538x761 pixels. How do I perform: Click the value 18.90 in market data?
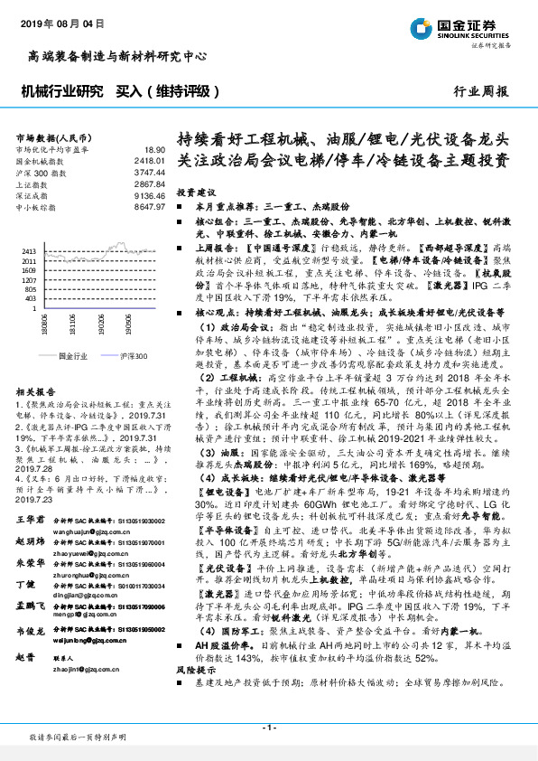pos(154,149)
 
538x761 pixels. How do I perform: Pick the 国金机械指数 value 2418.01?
pos(151,160)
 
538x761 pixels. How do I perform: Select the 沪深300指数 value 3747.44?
pos(151,172)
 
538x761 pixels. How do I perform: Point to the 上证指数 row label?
pos(32,183)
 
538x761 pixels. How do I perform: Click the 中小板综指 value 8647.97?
pos(151,207)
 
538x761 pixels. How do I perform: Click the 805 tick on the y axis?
pos(30,287)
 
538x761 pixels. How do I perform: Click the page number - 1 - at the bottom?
pos(268,728)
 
